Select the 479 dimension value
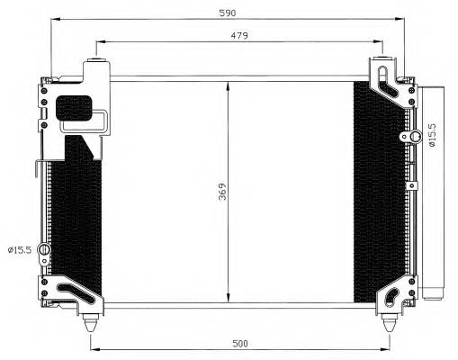click(237, 34)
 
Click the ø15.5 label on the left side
click(21, 249)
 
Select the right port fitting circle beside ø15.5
click(417, 137)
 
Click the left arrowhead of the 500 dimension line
click(93, 349)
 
